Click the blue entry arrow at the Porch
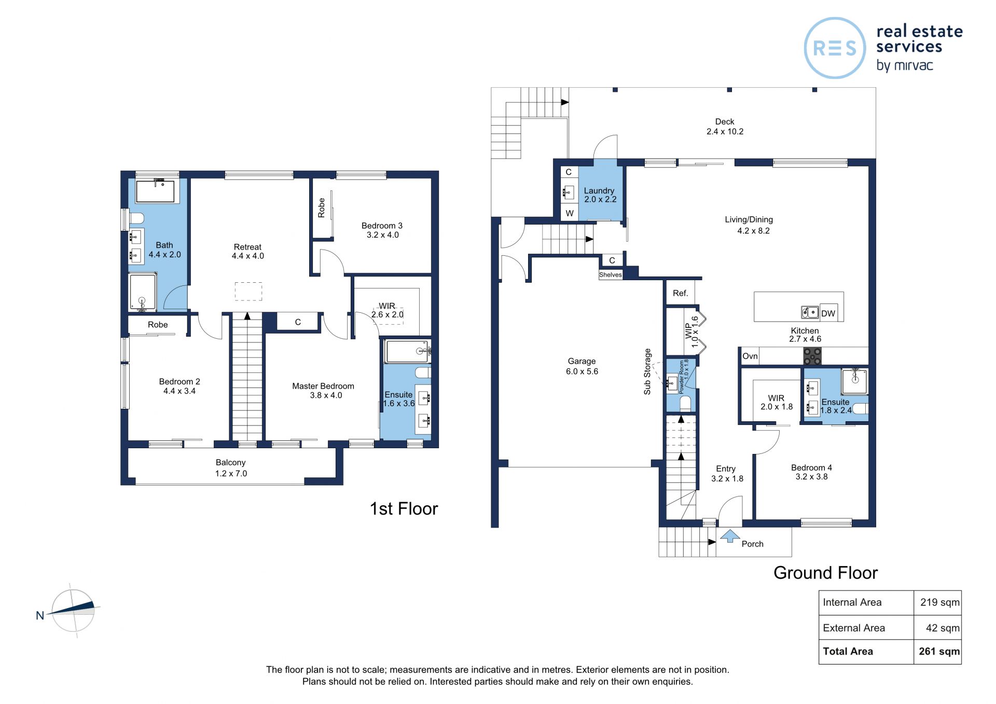point(730,535)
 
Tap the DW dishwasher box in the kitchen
point(828,313)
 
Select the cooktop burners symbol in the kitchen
point(812,356)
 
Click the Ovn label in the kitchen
point(750,356)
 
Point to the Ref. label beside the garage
point(680,293)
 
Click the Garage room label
point(582,361)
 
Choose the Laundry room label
point(599,190)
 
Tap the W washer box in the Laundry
point(570,213)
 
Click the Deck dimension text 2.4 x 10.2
point(725,132)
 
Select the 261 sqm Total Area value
point(939,651)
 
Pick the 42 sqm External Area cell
point(943,628)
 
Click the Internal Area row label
point(852,602)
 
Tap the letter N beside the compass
point(40,616)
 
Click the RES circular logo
point(835,48)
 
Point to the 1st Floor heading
point(404,509)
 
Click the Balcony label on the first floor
point(231,462)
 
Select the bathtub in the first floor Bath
point(155,191)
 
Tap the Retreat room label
point(247,247)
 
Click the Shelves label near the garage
point(611,275)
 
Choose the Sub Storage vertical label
point(647,371)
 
